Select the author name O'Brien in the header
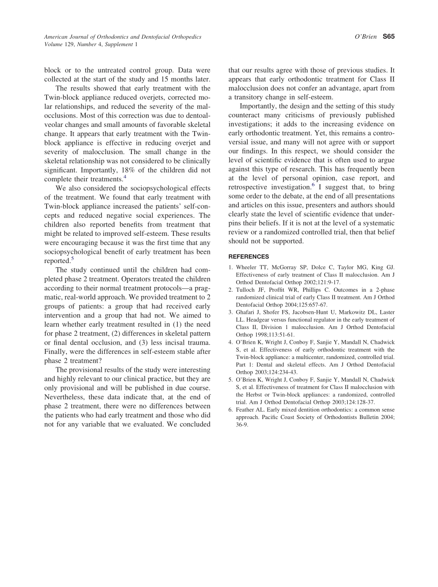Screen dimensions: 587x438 click(x=366, y=37)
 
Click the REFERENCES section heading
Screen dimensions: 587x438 click(x=249, y=257)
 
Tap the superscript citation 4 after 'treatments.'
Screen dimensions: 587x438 click(x=125, y=177)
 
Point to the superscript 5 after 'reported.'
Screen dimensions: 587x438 click(x=72, y=259)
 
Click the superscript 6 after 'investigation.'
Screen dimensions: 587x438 click(x=313, y=185)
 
